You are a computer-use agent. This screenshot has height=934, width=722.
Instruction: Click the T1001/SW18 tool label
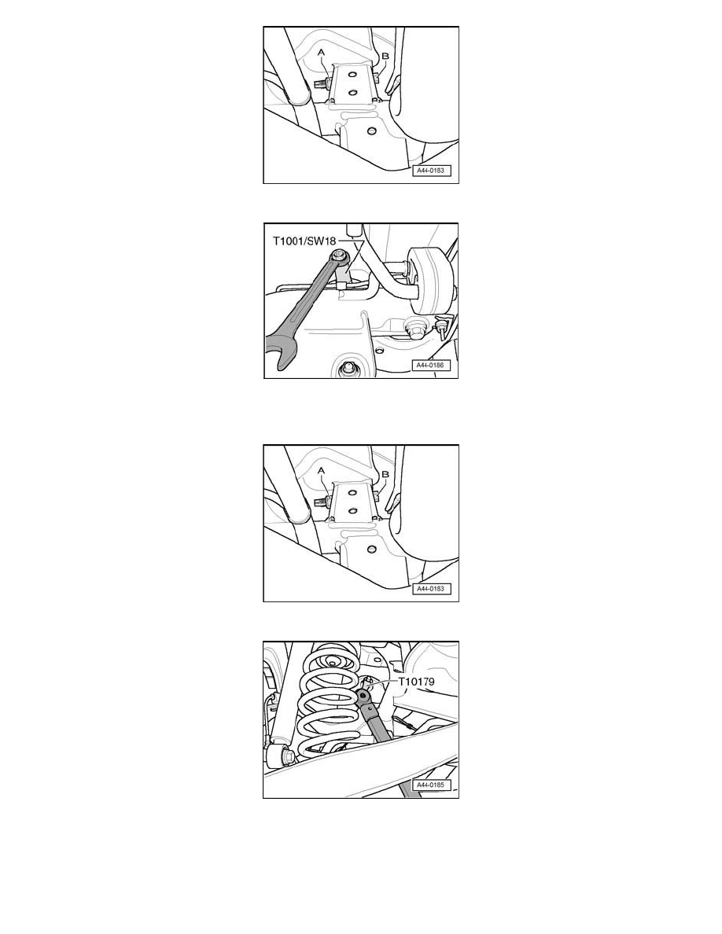tap(304, 241)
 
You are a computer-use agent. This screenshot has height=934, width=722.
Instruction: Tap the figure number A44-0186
tap(429, 365)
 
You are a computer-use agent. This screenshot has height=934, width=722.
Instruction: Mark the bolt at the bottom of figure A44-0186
tap(346, 370)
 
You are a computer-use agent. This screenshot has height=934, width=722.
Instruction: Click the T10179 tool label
tap(416, 682)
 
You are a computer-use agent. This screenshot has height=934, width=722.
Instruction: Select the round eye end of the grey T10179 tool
tap(363, 695)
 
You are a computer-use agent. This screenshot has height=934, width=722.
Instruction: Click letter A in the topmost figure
tap(322, 53)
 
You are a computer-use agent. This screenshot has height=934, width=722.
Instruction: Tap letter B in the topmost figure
tap(385, 56)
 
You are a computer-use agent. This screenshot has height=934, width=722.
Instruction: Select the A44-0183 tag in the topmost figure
tap(430, 171)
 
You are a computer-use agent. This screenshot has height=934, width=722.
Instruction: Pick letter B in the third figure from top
tap(385, 475)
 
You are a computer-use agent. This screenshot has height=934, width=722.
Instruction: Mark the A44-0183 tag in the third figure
tap(430, 589)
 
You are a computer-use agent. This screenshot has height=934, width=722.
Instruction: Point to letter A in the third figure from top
tap(322, 471)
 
